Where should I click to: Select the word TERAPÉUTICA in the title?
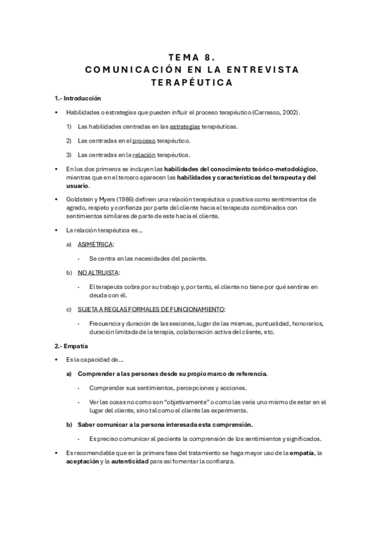pos(191,82)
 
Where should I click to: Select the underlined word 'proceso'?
pos(145,140)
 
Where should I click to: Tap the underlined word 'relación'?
pos(144,154)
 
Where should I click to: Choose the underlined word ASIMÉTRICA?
pos(94,244)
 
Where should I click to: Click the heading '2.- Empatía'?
pos(70,346)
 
